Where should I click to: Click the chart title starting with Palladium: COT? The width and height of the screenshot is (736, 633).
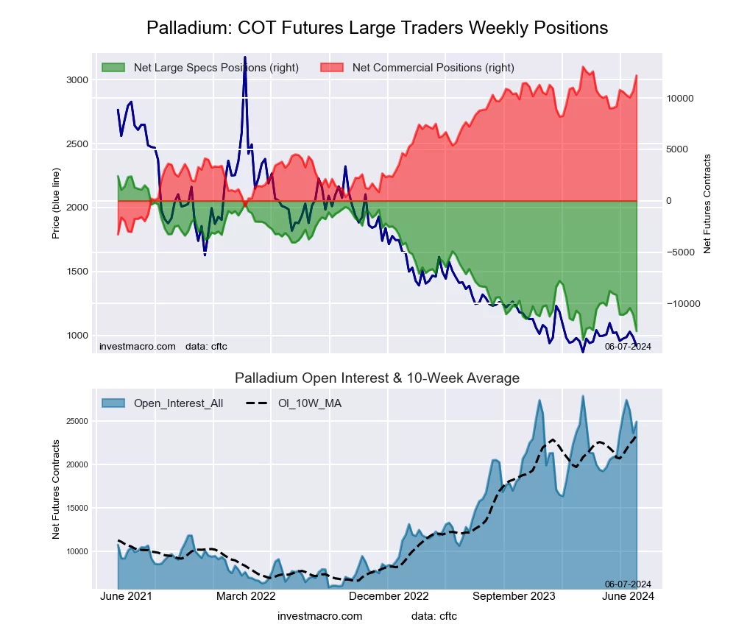coord(377,28)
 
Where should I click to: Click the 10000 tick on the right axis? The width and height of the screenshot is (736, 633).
coord(681,99)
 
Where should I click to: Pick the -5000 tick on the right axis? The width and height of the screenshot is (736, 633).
coord(681,252)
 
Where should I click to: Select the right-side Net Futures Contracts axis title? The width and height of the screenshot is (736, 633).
coord(708,204)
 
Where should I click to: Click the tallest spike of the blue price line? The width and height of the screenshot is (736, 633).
coord(244,57)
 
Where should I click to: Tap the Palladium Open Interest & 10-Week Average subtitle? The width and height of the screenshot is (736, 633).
coord(377,378)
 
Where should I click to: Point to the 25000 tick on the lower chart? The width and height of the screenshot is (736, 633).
coord(77,422)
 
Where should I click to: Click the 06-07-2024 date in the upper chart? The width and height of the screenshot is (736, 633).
coord(628,347)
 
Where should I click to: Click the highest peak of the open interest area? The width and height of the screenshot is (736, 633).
coord(583,396)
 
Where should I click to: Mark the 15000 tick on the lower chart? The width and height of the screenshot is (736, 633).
coord(77,509)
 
